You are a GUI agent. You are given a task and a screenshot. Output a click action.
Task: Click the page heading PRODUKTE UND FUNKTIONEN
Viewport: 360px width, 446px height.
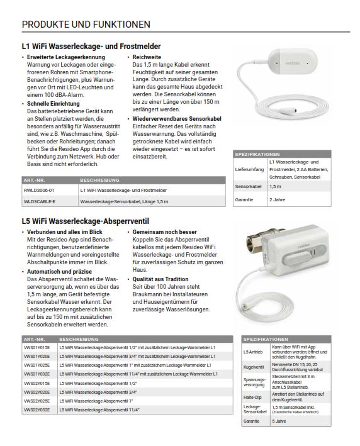click(86, 25)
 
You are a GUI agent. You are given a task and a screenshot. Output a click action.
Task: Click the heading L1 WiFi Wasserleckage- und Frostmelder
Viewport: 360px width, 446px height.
click(91, 47)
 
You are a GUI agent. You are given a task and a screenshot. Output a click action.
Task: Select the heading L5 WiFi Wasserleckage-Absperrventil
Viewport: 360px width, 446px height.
click(86, 221)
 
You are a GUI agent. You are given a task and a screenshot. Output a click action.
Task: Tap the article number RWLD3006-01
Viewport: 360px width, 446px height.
click(39, 189)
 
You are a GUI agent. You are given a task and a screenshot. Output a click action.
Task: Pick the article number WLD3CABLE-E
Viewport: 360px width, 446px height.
click(40, 202)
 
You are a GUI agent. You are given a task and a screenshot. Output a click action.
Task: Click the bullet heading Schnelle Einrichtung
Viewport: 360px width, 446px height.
click(53, 103)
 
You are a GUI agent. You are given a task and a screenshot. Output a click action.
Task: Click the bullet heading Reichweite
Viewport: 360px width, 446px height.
click(148, 57)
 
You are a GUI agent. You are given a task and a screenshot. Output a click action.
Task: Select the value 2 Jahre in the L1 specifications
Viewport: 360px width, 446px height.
click(277, 199)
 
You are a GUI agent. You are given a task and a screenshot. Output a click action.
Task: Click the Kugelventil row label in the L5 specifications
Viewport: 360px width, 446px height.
click(254, 366)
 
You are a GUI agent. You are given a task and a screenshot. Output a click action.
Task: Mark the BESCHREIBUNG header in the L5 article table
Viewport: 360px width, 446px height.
click(74, 338)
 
